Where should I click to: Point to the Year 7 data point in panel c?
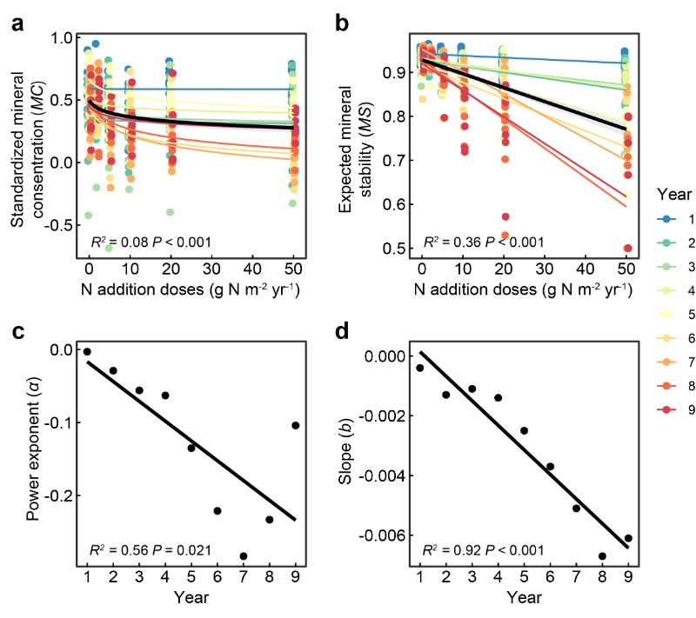point(243,556)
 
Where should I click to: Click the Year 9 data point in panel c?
point(296,425)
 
